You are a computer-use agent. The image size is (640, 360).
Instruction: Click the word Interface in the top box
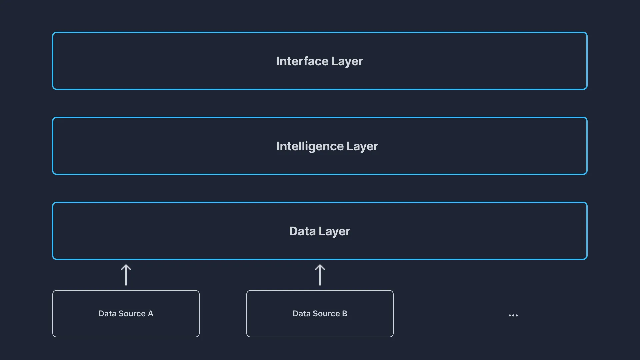point(302,61)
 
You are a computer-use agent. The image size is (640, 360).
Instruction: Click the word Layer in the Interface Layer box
point(347,62)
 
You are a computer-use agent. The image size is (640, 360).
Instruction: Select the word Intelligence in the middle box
point(310,146)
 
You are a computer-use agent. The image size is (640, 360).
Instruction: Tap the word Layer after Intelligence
point(362,147)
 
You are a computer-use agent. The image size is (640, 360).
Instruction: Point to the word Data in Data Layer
point(302,231)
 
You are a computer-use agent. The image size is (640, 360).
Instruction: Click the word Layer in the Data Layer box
point(334,232)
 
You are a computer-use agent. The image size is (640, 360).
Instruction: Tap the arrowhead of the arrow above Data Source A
point(126,267)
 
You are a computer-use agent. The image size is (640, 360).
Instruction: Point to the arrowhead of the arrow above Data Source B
point(320,267)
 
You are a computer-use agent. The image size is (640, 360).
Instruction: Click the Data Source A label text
point(126,314)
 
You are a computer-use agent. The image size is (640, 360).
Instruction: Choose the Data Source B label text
point(320,314)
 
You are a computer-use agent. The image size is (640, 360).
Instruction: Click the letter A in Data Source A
point(151,314)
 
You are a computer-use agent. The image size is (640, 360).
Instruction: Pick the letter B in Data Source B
point(345,314)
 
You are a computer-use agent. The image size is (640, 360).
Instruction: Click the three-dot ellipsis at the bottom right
point(513,315)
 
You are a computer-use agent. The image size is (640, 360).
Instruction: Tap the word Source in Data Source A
point(132,314)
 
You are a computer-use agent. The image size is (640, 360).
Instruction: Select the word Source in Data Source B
point(326,314)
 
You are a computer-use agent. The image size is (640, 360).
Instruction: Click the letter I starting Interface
point(278,61)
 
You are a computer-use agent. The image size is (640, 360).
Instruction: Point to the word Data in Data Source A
point(107,314)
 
